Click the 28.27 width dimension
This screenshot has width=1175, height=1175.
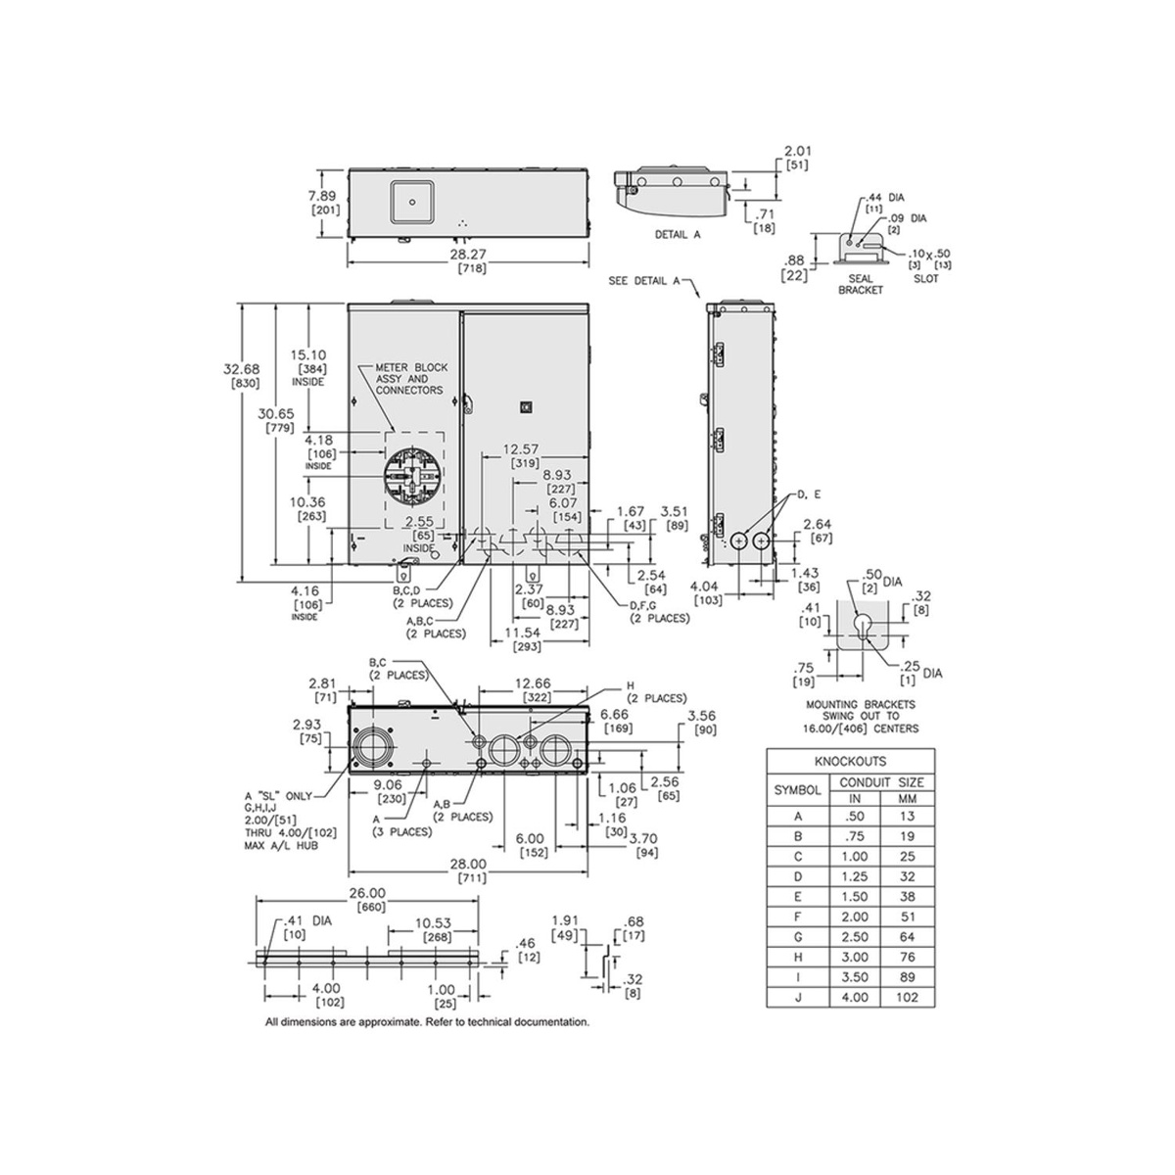(468, 254)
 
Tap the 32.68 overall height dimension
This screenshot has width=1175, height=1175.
(242, 369)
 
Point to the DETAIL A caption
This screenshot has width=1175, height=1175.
(678, 234)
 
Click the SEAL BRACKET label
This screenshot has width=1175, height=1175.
(861, 284)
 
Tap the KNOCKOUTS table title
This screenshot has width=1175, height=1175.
(850, 762)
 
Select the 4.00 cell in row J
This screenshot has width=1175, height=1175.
(855, 997)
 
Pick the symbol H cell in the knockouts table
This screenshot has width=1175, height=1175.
(798, 957)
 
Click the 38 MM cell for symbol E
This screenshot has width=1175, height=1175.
(908, 896)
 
